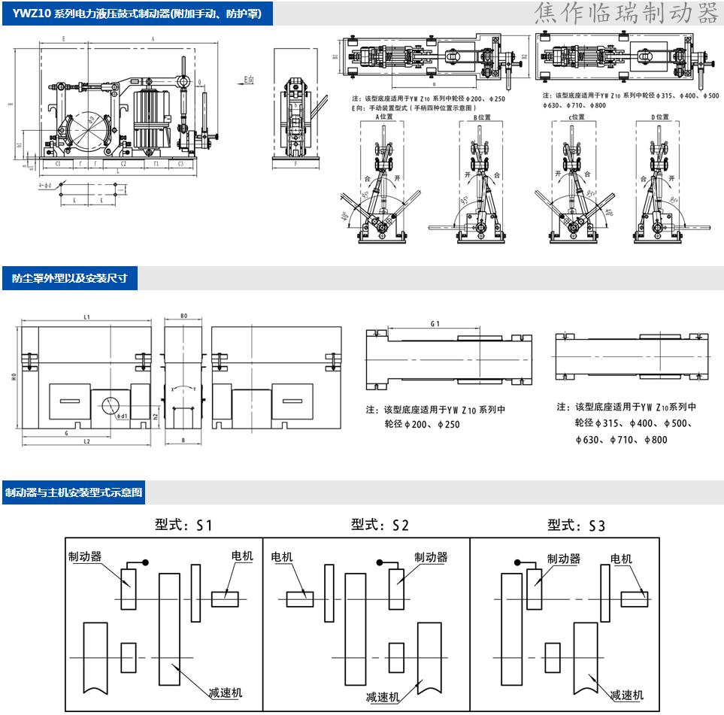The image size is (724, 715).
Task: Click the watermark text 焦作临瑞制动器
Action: pos(626,14)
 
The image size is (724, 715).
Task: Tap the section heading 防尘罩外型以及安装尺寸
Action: pos(70,278)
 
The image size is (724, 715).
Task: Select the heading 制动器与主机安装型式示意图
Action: pos(74,493)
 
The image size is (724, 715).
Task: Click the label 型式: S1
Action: pos(183,525)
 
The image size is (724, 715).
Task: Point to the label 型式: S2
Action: pos(380,525)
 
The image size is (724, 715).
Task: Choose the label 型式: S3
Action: pos(576,525)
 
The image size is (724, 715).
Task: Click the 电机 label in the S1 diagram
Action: pos(242,556)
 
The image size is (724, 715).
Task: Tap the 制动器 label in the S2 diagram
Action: pos(431,557)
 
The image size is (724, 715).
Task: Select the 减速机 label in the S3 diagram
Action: pos(626,695)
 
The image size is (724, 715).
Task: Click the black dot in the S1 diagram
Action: pos(146,562)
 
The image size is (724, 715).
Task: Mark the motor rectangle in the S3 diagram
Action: pos(635,598)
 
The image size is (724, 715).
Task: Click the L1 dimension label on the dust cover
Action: pos(87,317)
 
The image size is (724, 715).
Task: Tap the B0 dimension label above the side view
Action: pos(184,317)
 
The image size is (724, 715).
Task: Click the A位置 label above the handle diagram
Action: pos(385,117)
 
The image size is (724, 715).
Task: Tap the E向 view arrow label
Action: pos(250,78)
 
